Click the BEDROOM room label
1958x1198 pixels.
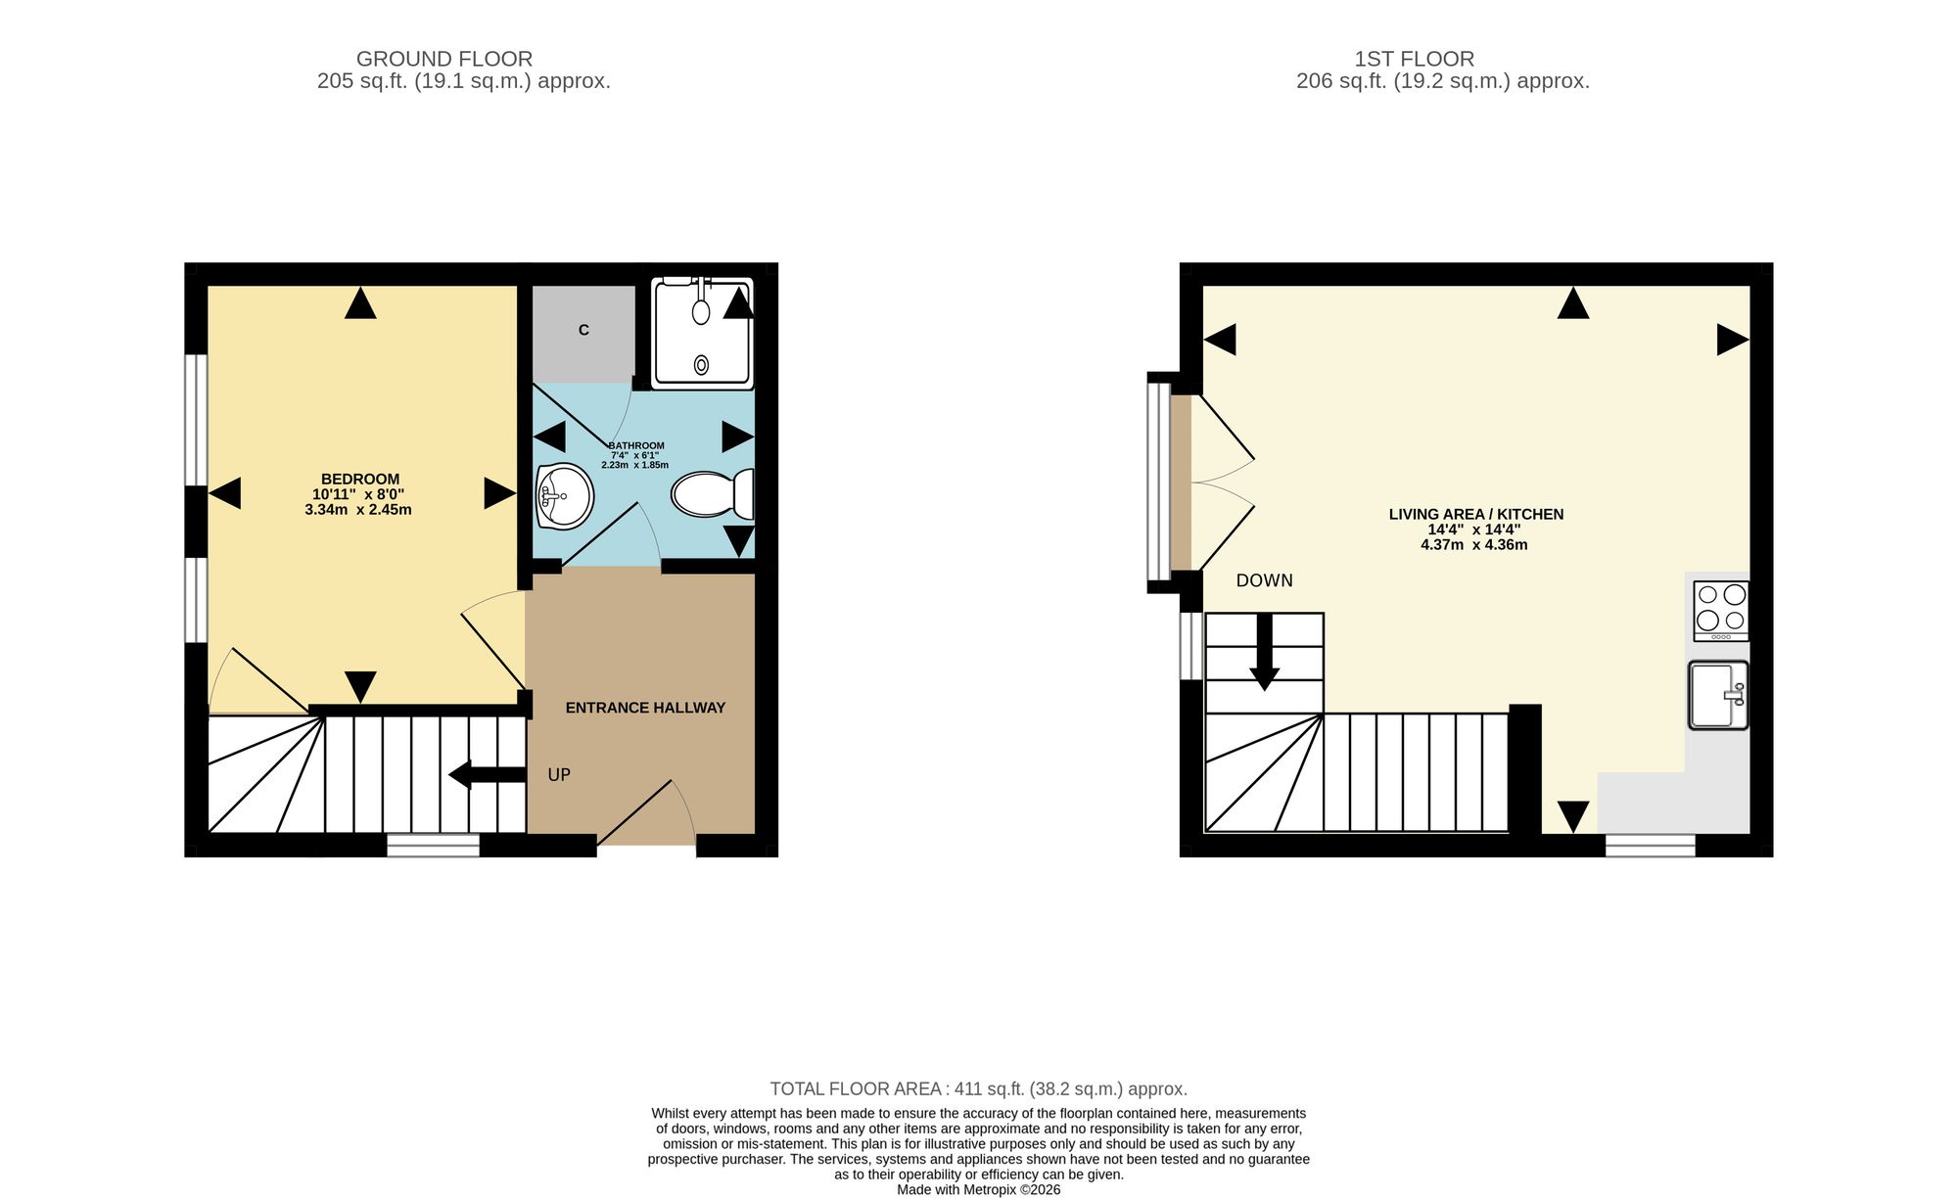360,480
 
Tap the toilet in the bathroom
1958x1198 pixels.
713,494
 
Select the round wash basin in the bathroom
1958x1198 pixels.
565,495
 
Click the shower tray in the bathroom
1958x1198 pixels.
702,332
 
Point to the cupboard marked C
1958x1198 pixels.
583,333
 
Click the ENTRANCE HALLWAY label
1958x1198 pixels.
645,708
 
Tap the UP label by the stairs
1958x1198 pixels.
559,775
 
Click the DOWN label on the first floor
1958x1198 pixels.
1264,580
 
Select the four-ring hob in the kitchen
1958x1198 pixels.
1721,611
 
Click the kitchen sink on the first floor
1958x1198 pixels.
1718,695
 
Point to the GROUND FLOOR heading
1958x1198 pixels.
444,59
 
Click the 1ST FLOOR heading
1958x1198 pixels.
1414,59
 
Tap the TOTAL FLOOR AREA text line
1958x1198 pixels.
979,1088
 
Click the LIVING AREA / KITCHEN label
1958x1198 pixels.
1476,514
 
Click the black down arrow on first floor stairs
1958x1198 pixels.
1264,652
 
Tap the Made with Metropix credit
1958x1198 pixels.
979,1190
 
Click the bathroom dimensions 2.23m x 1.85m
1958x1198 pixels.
634,465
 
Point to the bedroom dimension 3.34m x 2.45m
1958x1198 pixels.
358,510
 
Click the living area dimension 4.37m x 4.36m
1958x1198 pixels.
1474,545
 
